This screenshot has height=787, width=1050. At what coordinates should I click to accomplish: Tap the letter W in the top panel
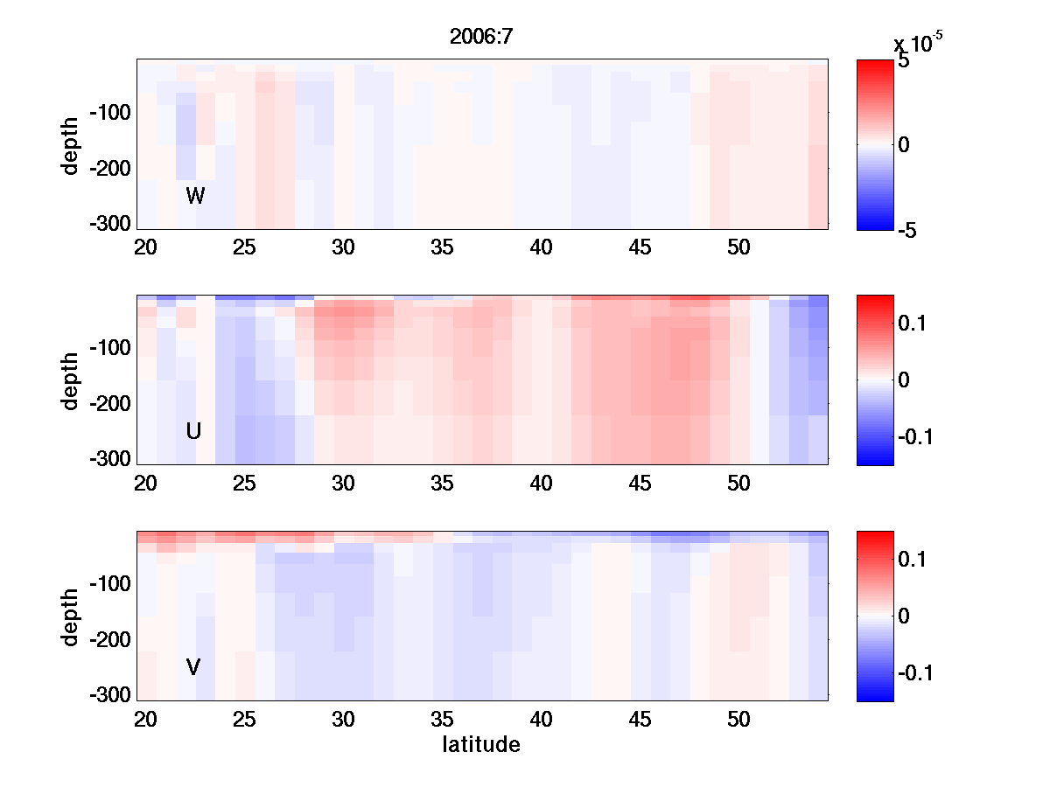(195, 196)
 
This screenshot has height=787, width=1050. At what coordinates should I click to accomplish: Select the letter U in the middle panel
(194, 431)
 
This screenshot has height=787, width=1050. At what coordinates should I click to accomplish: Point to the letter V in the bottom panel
(193, 667)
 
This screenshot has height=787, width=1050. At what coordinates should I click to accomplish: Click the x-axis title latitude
(481, 744)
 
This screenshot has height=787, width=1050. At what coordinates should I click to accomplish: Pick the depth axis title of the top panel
(71, 144)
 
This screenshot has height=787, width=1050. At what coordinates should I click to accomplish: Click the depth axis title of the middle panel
(71, 380)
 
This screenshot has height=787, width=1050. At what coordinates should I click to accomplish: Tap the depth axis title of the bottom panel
(71, 616)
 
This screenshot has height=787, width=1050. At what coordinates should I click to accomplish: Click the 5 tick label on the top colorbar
(904, 62)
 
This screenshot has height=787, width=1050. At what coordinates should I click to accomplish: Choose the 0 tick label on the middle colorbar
(904, 380)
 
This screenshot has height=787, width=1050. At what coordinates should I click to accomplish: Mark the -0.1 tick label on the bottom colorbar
(918, 672)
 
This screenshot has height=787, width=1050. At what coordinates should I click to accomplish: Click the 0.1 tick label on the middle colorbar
(913, 324)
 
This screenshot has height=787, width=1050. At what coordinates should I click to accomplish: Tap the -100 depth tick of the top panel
(110, 113)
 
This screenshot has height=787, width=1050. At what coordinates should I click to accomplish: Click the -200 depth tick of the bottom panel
(110, 640)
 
